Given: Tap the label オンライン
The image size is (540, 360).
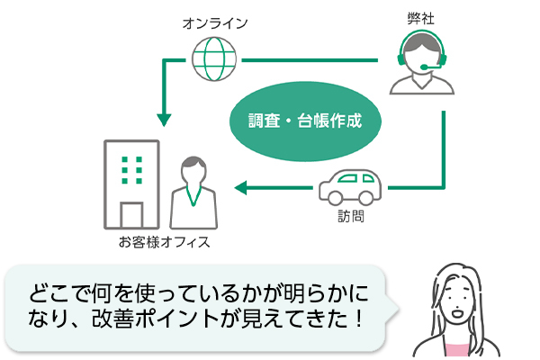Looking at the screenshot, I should point(214,22).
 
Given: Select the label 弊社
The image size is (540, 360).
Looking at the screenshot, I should point(421,16).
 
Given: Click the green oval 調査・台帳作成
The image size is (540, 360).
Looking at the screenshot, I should point(305,120).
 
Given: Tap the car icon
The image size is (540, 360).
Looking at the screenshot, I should point(350,186).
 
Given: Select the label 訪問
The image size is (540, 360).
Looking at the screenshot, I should point(350,217).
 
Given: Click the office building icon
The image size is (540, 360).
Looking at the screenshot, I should point(131,184).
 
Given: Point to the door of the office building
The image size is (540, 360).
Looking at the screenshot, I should point(131,214).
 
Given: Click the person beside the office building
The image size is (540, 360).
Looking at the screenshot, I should point(192,194).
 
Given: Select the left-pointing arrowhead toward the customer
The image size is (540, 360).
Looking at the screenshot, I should point(240,188).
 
